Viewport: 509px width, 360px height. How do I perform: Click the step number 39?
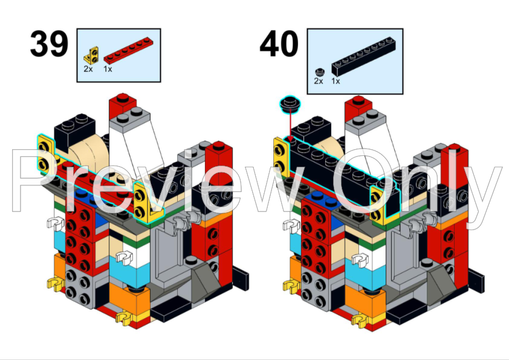tap(49, 45)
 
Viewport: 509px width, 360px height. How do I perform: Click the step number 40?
tap(279, 45)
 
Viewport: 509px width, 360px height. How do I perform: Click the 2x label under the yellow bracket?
tap(88, 69)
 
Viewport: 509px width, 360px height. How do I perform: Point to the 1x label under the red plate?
tap(108, 69)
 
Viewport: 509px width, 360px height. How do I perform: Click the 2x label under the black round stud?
tap(318, 81)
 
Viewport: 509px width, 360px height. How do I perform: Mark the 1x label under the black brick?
tap(336, 81)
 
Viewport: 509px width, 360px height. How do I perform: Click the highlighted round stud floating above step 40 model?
tap(290, 104)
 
